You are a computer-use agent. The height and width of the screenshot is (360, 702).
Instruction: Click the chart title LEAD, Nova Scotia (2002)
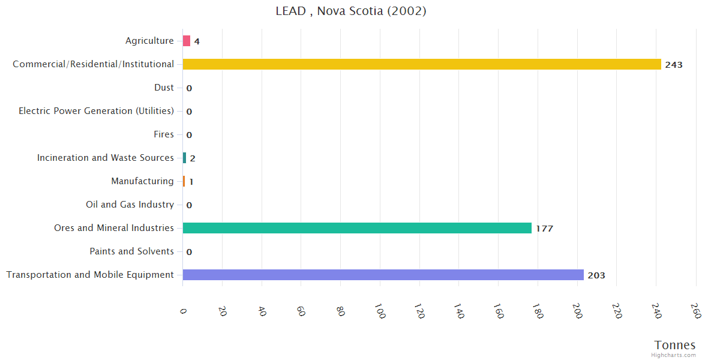click(351, 11)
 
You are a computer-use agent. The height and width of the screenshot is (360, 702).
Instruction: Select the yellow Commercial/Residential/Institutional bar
click(421, 64)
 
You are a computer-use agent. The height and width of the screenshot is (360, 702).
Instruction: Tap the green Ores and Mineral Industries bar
click(357, 228)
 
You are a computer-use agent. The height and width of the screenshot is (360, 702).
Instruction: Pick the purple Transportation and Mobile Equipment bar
click(383, 275)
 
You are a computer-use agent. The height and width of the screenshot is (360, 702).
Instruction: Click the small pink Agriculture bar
click(187, 41)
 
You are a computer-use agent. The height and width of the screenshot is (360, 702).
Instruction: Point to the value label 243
click(673, 65)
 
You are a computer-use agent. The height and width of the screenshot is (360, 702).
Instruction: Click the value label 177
click(544, 229)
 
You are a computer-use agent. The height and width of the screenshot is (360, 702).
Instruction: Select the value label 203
click(596, 275)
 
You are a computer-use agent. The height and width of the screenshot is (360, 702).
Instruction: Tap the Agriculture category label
click(149, 41)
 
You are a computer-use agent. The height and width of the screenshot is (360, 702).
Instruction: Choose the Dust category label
click(164, 88)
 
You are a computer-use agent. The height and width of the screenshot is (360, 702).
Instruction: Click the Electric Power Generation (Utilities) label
click(96, 111)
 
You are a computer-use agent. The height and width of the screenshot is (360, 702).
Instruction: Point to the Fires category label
click(164, 134)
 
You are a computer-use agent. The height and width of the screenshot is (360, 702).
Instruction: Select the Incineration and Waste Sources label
click(105, 158)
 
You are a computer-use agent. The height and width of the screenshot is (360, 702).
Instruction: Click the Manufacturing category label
click(142, 181)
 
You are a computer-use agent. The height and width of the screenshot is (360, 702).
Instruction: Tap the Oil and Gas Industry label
click(130, 205)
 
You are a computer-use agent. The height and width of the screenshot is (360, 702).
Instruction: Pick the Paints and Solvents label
click(131, 251)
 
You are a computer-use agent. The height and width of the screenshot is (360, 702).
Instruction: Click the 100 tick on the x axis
click(379, 311)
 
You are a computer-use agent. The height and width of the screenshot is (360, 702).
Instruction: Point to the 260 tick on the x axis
click(695, 311)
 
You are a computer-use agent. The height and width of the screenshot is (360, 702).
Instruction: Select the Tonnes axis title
click(675, 345)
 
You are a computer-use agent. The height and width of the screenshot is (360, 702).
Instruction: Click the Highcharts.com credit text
click(674, 355)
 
